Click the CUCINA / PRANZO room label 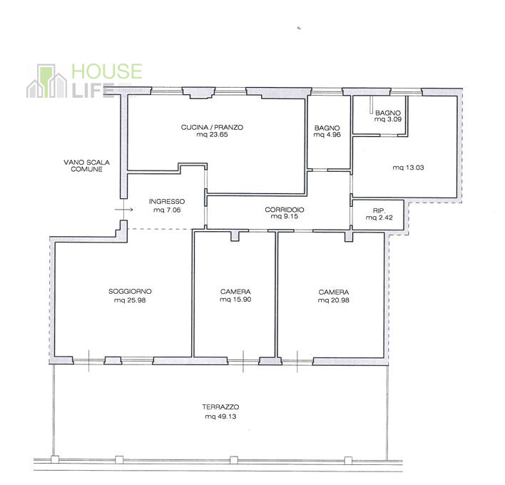212,127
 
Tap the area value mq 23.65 212,135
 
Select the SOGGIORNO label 130,292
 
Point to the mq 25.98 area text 130,300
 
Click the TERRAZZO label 220,407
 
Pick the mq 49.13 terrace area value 220,417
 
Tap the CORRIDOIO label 285,210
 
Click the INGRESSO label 167,202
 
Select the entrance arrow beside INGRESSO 123,210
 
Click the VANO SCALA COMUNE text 86,166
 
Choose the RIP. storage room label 379,210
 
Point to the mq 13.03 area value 409,168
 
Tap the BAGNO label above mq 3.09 388,113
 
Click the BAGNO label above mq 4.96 327,128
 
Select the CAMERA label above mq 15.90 235,292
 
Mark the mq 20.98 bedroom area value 333,300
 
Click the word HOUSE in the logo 107,71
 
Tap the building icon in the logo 46,81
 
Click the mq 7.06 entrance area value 167,210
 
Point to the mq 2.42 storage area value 379,218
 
